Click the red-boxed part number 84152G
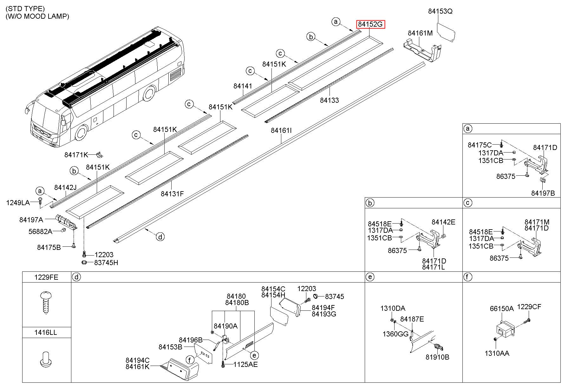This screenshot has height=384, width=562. pos(370,24)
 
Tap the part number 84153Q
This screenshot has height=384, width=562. pos(440,11)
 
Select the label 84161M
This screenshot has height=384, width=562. pos(420,33)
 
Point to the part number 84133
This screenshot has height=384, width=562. pos(329,100)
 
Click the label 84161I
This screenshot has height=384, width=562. pos(281,130)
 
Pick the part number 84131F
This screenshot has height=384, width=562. pos(172,194)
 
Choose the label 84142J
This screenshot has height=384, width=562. pos(65,187)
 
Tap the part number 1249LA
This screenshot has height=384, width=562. pos(18,203)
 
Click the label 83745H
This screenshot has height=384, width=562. pos(106,263)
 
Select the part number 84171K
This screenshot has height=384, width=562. pos(76,155)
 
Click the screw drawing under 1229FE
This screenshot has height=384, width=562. pos(46,303)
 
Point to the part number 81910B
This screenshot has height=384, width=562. pos(437,357)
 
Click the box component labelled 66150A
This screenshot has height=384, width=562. pos(504,331)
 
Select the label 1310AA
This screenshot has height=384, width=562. pos(497,353)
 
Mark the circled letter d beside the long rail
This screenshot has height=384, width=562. pos(160,237)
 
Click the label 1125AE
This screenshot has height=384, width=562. pos(245,365)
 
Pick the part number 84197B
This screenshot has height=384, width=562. pos(543,193)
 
